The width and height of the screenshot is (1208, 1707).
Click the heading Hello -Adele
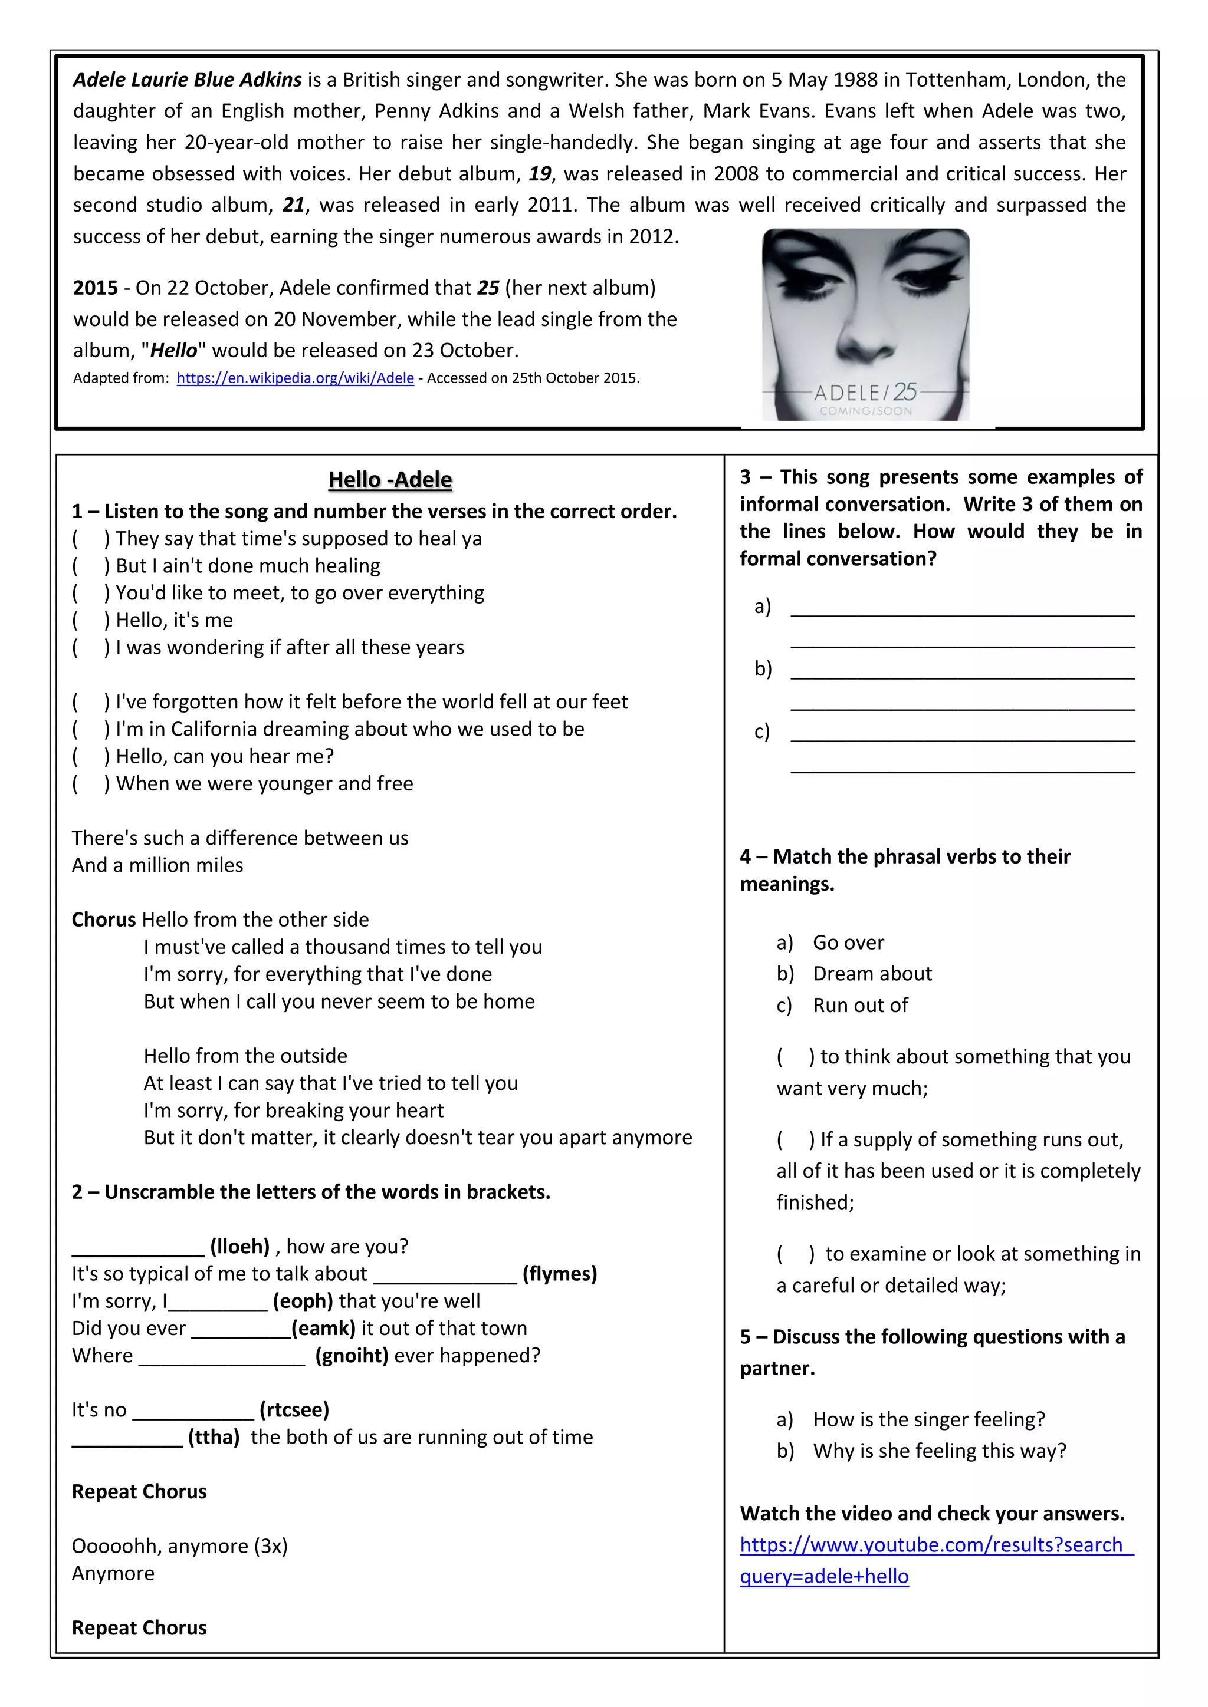(x=390, y=480)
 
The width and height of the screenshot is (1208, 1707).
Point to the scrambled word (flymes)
(x=559, y=1274)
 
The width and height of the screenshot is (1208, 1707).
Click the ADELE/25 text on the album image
(x=865, y=392)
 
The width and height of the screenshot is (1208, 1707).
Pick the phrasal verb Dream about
(x=872, y=974)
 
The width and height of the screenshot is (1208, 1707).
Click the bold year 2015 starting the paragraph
(x=95, y=288)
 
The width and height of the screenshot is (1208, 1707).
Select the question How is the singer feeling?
(x=928, y=1419)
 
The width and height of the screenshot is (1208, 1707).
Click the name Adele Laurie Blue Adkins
(x=188, y=80)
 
